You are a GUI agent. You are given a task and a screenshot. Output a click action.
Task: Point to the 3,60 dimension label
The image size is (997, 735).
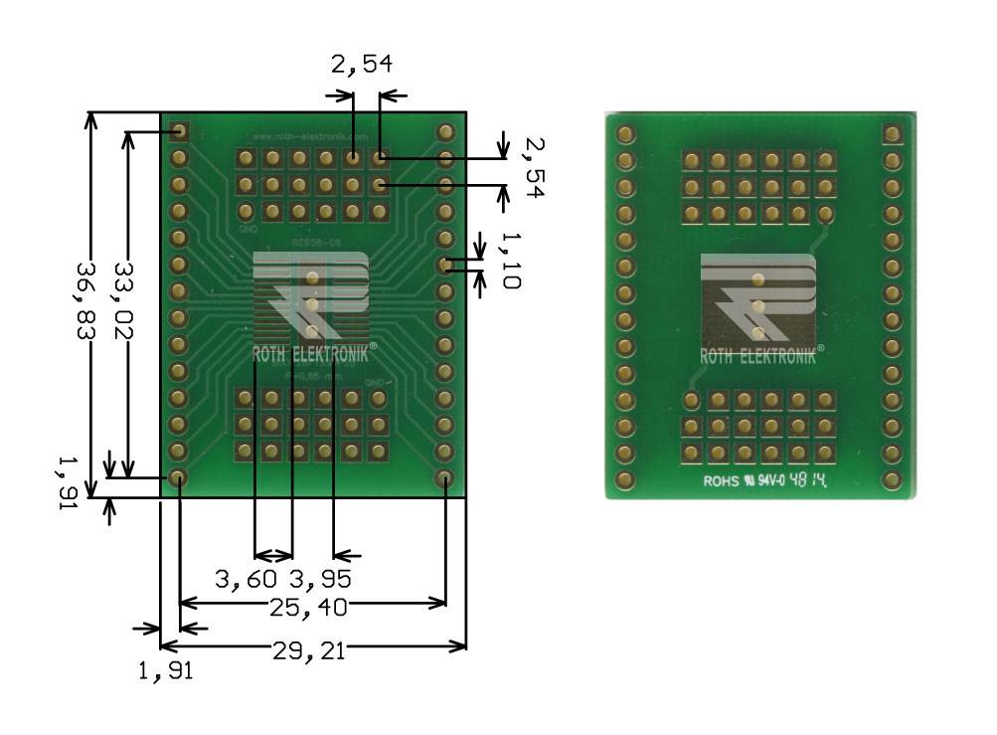(249, 578)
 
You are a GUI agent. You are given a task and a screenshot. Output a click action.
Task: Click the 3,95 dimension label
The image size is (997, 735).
(319, 578)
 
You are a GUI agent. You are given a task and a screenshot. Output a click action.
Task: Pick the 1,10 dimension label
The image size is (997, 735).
(509, 261)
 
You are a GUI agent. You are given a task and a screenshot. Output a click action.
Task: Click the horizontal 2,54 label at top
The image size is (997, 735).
(361, 66)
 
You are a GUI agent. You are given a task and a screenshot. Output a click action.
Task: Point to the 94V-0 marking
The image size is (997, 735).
(770, 480)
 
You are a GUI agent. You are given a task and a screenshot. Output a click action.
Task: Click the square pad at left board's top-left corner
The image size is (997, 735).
(180, 131)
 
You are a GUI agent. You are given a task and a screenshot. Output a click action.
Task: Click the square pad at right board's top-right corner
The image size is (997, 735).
(892, 133)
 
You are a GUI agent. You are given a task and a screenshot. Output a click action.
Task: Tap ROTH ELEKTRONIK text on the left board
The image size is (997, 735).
(311, 355)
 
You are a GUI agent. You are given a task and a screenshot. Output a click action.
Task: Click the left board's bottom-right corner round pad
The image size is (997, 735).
(445, 479)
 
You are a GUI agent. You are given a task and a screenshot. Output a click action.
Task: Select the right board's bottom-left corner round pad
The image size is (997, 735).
(625, 480)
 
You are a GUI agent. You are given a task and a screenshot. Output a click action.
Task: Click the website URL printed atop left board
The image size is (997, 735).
(311, 135)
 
